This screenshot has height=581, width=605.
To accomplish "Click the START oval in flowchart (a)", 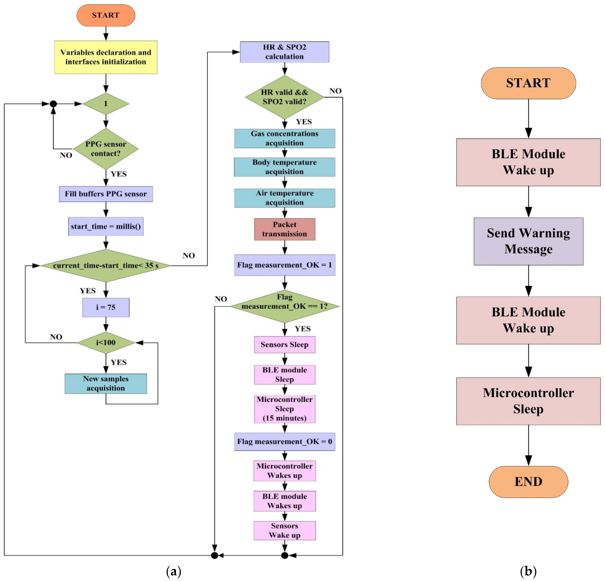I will point(106,15).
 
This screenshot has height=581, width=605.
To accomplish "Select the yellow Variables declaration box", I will point(106,57).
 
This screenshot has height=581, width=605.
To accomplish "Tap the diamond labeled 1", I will point(106,104).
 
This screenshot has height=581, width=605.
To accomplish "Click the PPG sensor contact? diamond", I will point(106,149).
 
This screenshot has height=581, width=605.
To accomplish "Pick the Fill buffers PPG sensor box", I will point(106,194).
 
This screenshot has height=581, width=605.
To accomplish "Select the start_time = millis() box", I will point(106,226).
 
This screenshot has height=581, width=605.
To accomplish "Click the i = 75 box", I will point(106,307).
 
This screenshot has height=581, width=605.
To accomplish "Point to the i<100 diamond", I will point(106,342).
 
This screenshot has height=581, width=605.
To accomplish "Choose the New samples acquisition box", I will point(106,383).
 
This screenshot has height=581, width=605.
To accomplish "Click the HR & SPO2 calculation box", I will point(284,52).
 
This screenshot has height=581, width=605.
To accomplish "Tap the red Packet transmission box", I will point(284,229).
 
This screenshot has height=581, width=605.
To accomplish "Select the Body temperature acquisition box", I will point(284,167).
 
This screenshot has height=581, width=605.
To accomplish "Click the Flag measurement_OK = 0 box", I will point(284,441).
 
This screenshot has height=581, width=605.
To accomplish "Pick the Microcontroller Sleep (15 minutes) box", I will point(284,409).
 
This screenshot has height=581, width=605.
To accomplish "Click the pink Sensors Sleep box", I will point(284,344).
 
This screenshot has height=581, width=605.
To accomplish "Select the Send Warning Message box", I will point(528,241).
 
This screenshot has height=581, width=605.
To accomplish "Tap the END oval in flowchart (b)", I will point(528,481).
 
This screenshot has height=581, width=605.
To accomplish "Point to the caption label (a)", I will point(173,571).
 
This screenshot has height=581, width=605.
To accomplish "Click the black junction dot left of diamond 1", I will point(53,104).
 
